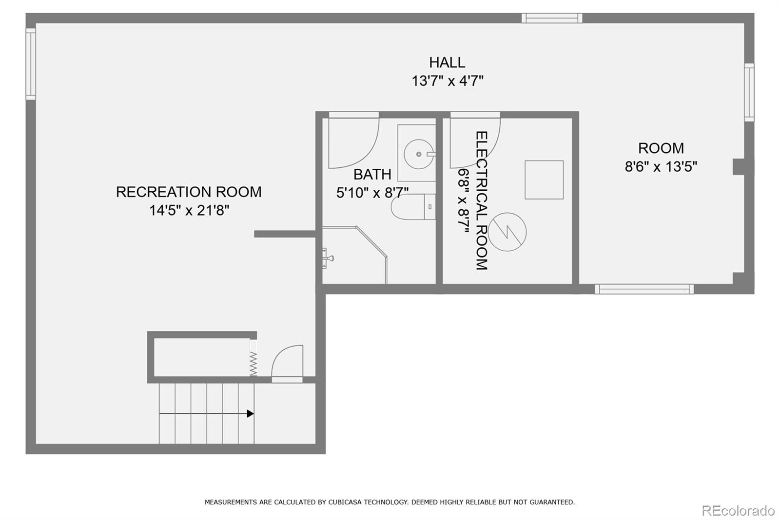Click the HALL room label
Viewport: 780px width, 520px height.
coord(447,62)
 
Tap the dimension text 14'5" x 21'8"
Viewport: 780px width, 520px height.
coord(189,210)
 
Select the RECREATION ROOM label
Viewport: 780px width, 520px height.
coord(189,192)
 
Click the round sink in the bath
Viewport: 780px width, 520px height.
coord(418,154)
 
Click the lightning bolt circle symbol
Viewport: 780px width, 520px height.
coord(507,232)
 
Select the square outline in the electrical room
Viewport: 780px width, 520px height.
coord(544,180)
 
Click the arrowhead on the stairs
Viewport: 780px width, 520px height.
coord(250,414)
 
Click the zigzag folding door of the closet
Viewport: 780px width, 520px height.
coord(253,363)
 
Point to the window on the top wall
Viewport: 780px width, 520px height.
coord(551,19)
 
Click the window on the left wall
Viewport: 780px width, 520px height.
coord(31,64)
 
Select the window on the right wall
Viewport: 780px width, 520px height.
coord(749,92)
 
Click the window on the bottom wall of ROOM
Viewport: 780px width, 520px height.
coord(644,289)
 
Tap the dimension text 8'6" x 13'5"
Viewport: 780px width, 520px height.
coord(661,167)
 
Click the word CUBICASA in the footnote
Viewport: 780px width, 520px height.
coord(348,502)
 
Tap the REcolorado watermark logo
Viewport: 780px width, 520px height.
coord(738,510)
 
